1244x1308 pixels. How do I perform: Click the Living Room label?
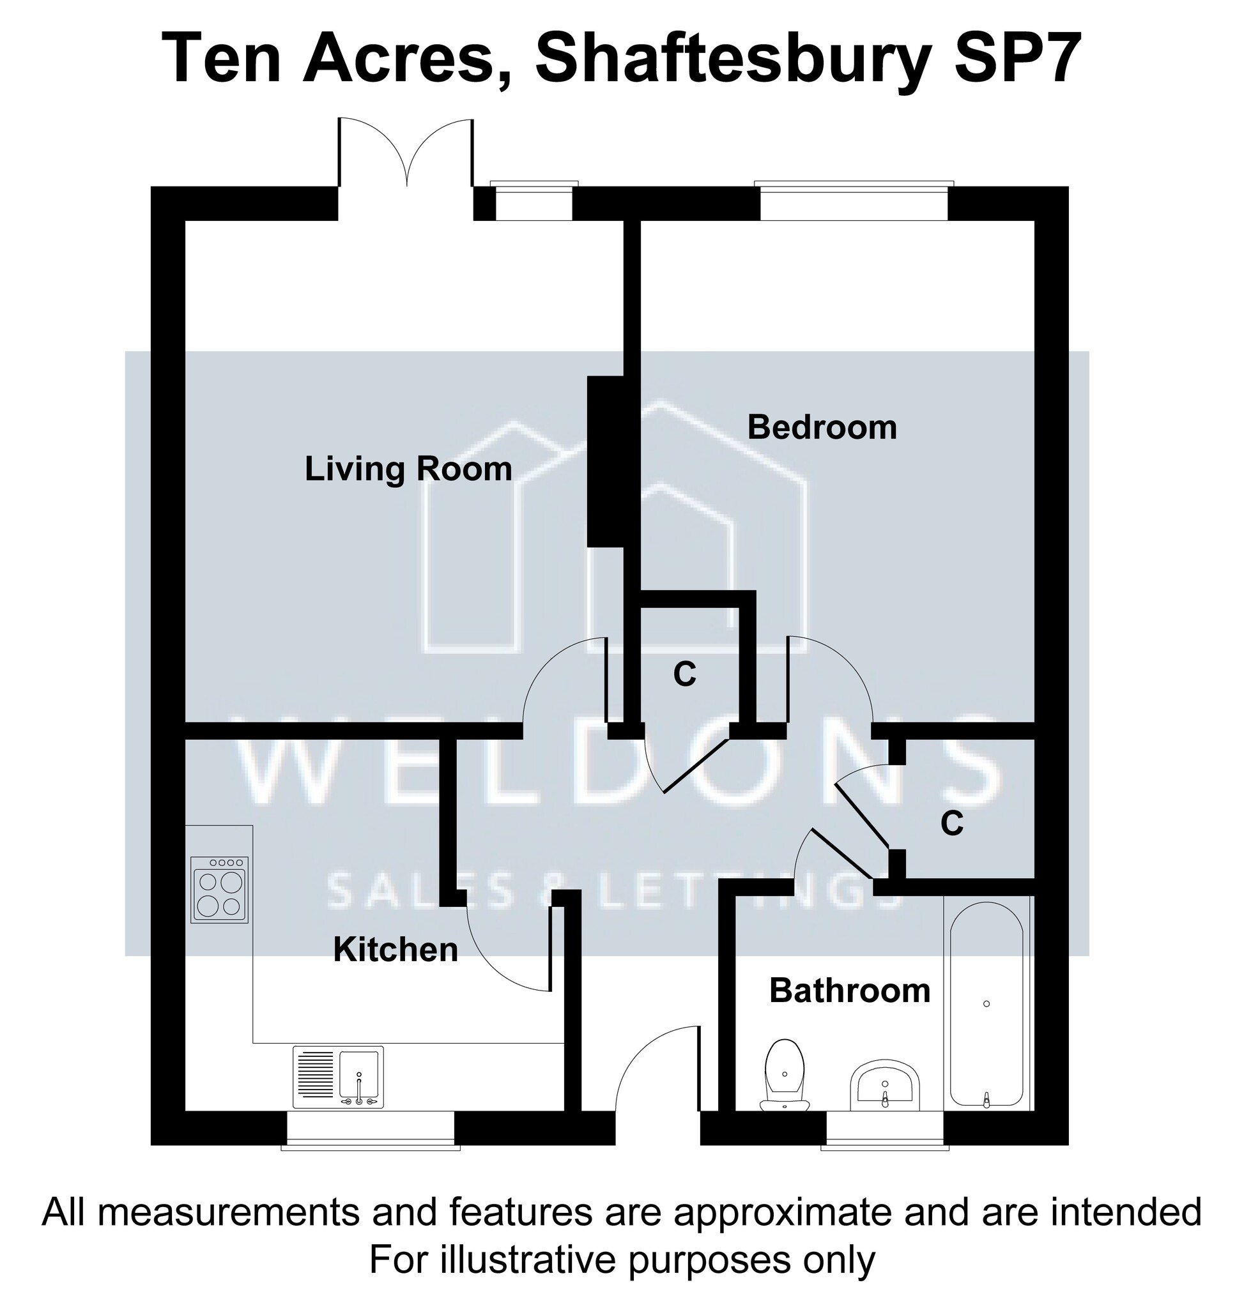click(408, 469)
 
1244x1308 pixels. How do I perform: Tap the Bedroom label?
click(822, 428)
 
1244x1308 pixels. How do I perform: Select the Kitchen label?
click(396, 950)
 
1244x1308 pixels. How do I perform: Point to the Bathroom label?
click(850, 991)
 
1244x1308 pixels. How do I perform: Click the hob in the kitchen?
click(220, 890)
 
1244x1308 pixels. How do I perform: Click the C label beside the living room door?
click(685, 675)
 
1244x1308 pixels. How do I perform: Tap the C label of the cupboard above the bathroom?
click(952, 823)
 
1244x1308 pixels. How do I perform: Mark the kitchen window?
click(371, 1130)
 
